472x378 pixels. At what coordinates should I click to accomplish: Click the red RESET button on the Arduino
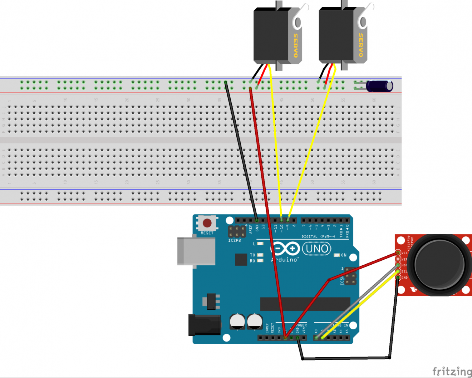pos(207,223)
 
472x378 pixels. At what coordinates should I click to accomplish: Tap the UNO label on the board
pos(317,249)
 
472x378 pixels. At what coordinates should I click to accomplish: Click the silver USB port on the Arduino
pos(196,251)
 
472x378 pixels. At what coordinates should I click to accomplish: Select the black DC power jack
pos(204,325)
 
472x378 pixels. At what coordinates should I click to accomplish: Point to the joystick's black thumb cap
pos(439,265)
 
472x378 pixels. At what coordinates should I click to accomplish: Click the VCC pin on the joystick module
pos(398,253)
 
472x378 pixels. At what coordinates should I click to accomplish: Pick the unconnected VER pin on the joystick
pos(398,259)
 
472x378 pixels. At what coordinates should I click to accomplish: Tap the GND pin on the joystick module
pos(398,278)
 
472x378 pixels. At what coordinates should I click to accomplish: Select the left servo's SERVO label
pos(295,45)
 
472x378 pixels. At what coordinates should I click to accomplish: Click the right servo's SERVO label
pos(360,45)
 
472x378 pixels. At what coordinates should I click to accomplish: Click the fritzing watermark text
pos(452,371)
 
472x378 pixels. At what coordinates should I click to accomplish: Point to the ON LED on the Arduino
pos(336,255)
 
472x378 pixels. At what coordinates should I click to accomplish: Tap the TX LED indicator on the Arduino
pos(260,255)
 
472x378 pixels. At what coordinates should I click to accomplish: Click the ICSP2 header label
pos(235,241)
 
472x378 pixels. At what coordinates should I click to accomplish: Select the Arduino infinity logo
pos(285,249)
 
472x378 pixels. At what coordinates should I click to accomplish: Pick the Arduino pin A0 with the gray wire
pos(316,338)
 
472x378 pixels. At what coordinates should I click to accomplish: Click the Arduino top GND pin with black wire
pos(257,220)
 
